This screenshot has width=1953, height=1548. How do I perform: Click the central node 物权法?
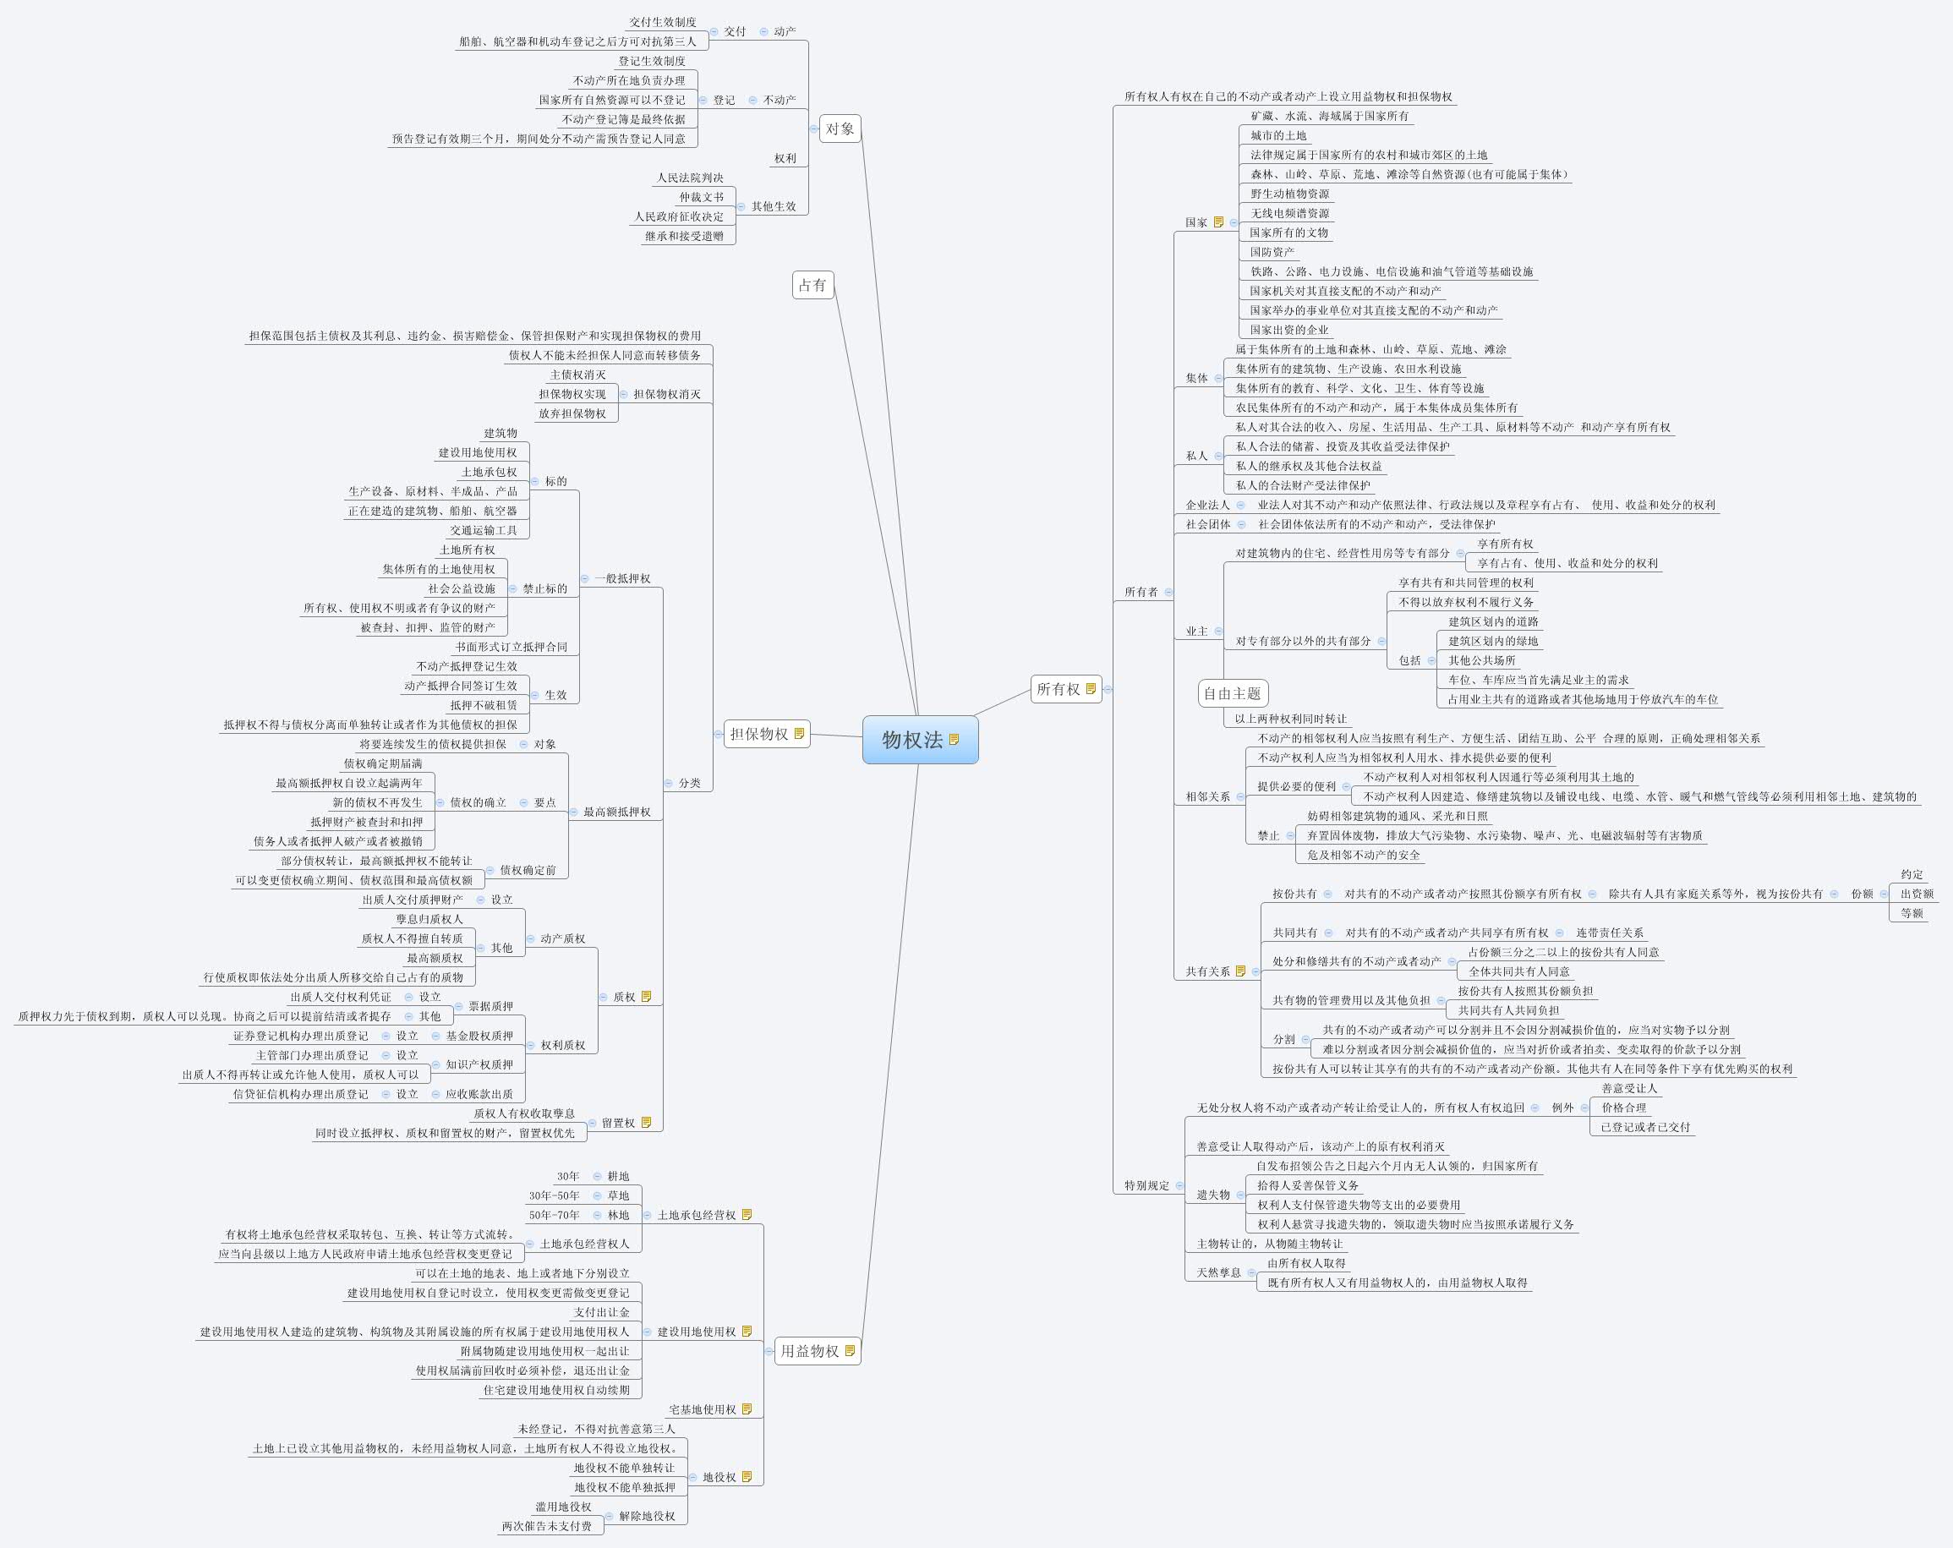pyautogui.click(x=912, y=740)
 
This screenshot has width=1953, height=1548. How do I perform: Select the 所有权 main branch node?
pyautogui.click(x=1058, y=689)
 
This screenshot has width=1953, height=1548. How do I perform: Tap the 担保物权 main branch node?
pyautogui.click(x=759, y=734)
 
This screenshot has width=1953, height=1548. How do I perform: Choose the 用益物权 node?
pyautogui.click(x=810, y=1350)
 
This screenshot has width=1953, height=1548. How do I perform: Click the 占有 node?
pyautogui.click(x=812, y=285)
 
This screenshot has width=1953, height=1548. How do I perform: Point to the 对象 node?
pyautogui.click(x=840, y=129)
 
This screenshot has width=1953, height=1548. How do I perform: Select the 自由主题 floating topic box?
pyautogui.click(x=1232, y=694)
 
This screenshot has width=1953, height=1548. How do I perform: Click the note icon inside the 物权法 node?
pyautogui.click(x=954, y=740)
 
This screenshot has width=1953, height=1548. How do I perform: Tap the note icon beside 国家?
pyautogui.click(x=1218, y=222)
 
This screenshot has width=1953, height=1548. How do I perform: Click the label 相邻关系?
pyautogui.click(x=1207, y=797)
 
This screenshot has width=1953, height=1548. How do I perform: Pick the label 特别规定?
pyautogui.click(x=1146, y=1185)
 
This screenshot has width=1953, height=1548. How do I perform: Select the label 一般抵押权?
pyautogui.click(x=622, y=579)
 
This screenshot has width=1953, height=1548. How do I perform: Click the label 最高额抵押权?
pyautogui.click(x=616, y=812)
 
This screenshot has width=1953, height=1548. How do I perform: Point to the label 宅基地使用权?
pyautogui.click(x=702, y=1409)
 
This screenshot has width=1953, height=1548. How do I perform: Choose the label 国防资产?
pyautogui.click(x=1272, y=252)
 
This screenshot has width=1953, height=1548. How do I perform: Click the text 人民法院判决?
pyautogui.click(x=689, y=178)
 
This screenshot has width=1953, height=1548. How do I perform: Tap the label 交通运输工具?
pyautogui.click(x=484, y=531)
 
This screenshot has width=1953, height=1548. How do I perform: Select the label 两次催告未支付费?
pyautogui.click(x=546, y=1526)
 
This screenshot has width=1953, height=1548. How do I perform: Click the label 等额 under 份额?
pyautogui.click(x=1912, y=913)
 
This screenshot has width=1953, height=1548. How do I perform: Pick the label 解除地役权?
pyautogui.click(x=647, y=1517)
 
